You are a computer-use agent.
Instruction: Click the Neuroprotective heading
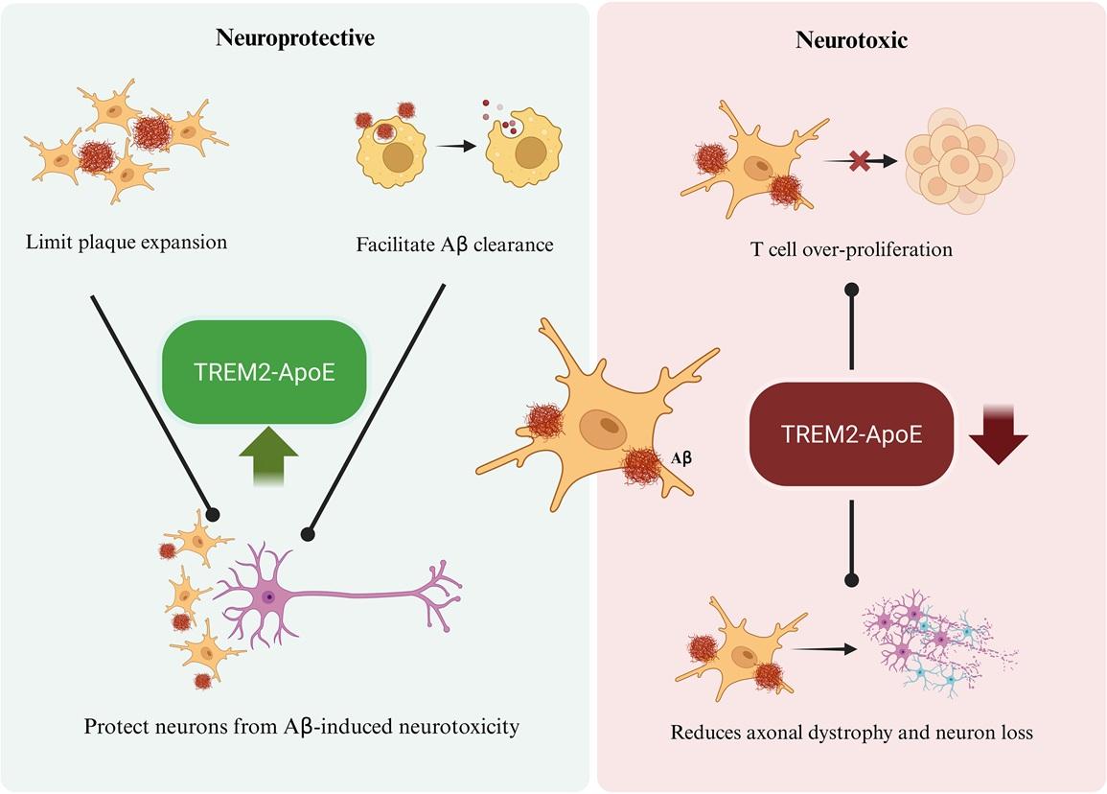pos(294,38)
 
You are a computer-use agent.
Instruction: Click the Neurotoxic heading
pos(852,40)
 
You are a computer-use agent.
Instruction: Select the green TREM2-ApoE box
pos(265,372)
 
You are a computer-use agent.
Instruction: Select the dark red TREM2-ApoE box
pos(852,432)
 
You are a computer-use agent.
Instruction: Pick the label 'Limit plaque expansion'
pos(127,242)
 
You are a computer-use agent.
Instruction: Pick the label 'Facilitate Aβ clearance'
pos(454,245)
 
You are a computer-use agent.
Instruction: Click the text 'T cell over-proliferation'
pos(851,249)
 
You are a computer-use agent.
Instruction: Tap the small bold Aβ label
pos(680,458)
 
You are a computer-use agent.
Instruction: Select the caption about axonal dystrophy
pos(851,734)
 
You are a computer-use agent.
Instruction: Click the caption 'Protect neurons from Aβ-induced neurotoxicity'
pos(301,726)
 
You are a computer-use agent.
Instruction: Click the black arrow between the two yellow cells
pos(455,147)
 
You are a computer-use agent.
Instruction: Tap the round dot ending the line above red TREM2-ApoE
pos(851,288)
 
